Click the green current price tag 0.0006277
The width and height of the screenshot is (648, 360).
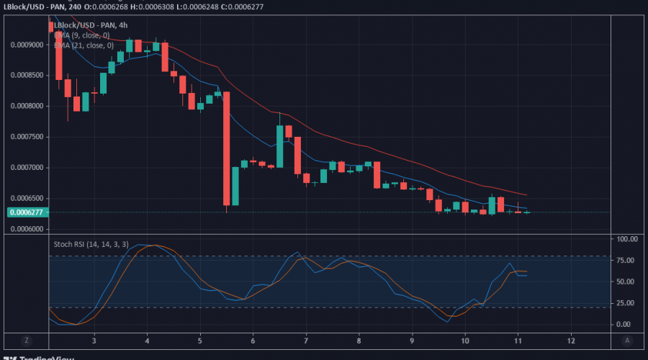pyautogui.click(x=27, y=212)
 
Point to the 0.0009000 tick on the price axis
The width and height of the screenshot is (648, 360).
pyautogui.click(x=26, y=44)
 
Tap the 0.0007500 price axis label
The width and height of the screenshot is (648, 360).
pyautogui.click(x=26, y=137)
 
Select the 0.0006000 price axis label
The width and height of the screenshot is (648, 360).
pyautogui.click(x=26, y=229)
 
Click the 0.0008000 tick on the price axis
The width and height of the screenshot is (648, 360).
pyautogui.click(x=26, y=106)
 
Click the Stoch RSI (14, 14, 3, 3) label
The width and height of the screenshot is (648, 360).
pyautogui.click(x=91, y=244)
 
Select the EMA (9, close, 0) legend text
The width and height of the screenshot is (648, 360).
pyautogui.click(x=82, y=35)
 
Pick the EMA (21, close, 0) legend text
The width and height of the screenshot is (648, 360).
pyautogui.click(x=84, y=45)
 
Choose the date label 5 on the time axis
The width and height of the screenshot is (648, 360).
pyautogui.click(x=200, y=340)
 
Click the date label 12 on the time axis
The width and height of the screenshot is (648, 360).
pyautogui.click(x=571, y=340)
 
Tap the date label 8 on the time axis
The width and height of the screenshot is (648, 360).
pyautogui.click(x=359, y=340)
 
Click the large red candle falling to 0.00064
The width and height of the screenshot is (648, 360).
pyautogui.click(x=226, y=148)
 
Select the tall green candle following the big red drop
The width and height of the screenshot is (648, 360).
pyautogui.click(x=235, y=186)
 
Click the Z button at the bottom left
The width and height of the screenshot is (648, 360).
pyautogui.click(x=26, y=340)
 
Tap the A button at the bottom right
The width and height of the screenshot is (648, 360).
pyautogui.click(x=627, y=340)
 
